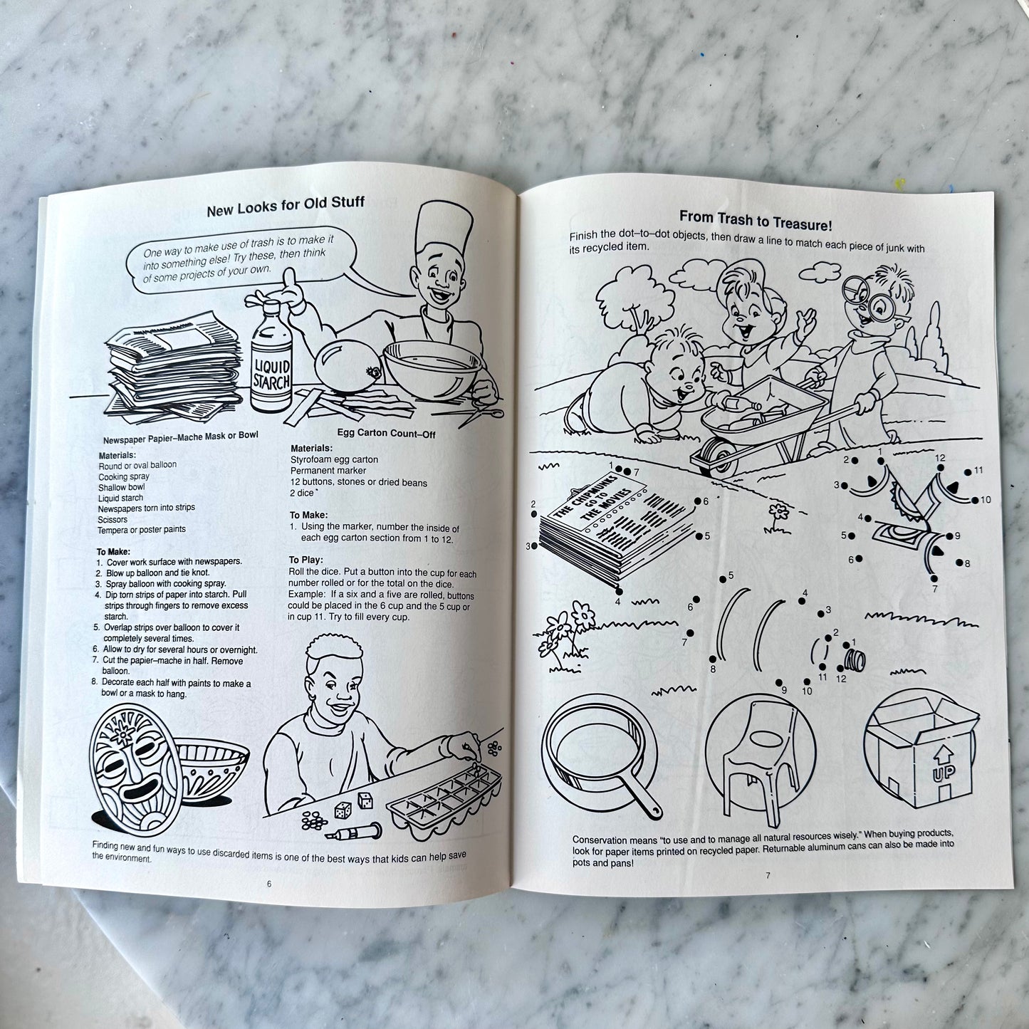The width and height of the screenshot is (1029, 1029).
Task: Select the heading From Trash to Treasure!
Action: (x=755, y=219)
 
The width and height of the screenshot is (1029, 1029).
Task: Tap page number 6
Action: (x=269, y=884)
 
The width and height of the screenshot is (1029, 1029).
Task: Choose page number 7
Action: (x=768, y=876)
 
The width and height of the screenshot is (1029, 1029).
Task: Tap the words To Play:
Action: (x=305, y=560)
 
